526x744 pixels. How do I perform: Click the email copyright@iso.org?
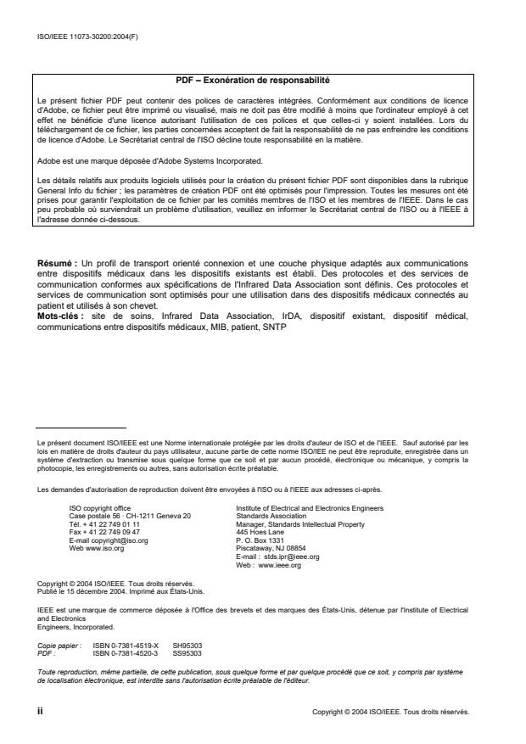click(x=108, y=539)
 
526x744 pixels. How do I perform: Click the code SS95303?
click(x=186, y=652)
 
